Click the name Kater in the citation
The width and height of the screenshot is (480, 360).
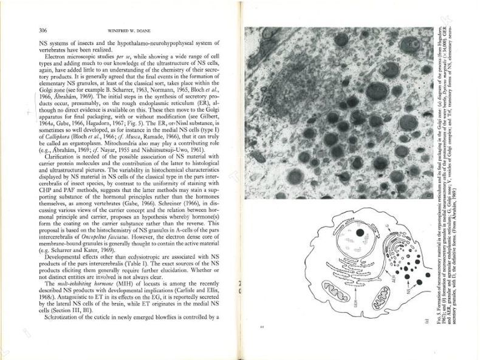point(98,250)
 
